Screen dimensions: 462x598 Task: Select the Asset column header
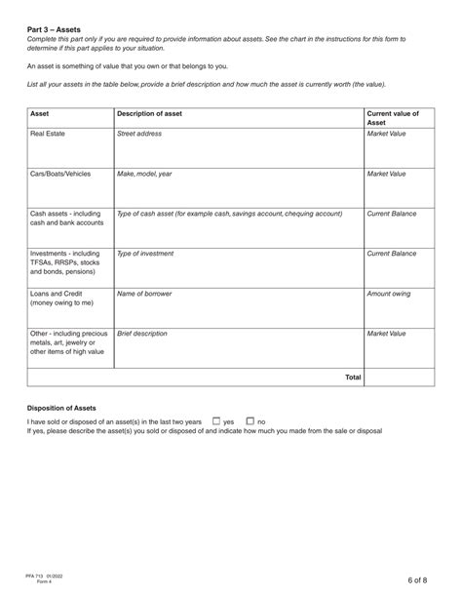tap(40, 113)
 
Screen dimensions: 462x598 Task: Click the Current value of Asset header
tap(392, 118)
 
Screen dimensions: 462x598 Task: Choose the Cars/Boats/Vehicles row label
tap(60, 173)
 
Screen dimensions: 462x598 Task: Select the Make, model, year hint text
tap(144, 173)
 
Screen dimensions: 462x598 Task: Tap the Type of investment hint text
tap(145, 254)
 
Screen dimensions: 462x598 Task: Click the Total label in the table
tap(353, 377)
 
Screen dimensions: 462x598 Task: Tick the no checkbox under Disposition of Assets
tap(250, 421)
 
